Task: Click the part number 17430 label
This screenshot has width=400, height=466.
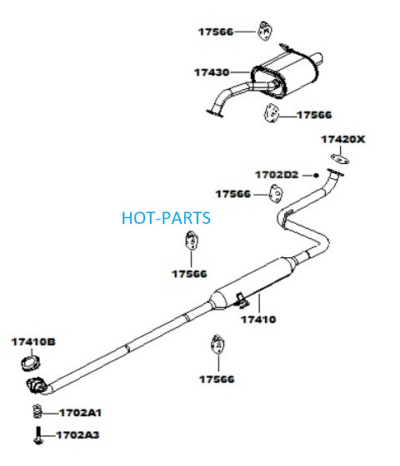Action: pyautogui.click(x=212, y=72)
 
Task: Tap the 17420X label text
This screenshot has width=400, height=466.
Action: pyautogui.click(x=342, y=139)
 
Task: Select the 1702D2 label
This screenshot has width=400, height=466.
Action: pyautogui.click(x=277, y=175)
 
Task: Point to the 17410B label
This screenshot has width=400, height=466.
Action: pyautogui.click(x=33, y=342)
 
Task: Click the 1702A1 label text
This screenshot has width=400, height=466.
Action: pyautogui.click(x=80, y=413)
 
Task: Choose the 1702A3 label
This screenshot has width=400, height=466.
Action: pyautogui.click(x=77, y=434)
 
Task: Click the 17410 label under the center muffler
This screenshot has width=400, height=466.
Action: pyautogui.click(x=258, y=320)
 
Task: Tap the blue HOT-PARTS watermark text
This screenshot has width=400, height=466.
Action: pyautogui.click(x=166, y=218)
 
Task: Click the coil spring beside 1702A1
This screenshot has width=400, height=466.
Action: pyautogui.click(x=37, y=412)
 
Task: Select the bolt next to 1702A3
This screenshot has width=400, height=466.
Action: pyautogui.click(x=38, y=435)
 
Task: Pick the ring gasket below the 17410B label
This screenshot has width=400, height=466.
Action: pyautogui.click(x=31, y=364)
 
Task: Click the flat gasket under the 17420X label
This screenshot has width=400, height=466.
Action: pyautogui.click(x=340, y=159)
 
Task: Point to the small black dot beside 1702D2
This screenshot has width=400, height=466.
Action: pyautogui.click(x=316, y=176)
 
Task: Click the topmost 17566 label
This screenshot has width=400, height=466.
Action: pyautogui.click(x=216, y=32)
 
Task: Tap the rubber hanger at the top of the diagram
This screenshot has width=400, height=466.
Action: pyautogui.click(x=265, y=31)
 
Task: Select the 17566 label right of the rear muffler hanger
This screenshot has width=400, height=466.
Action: pyautogui.click(x=314, y=115)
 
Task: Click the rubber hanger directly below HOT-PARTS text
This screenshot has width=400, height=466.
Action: pyautogui.click(x=191, y=240)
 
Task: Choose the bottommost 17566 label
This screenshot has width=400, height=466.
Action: pyautogui.click(x=217, y=379)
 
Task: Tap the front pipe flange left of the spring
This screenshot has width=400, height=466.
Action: pyautogui.click(x=37, y=386)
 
